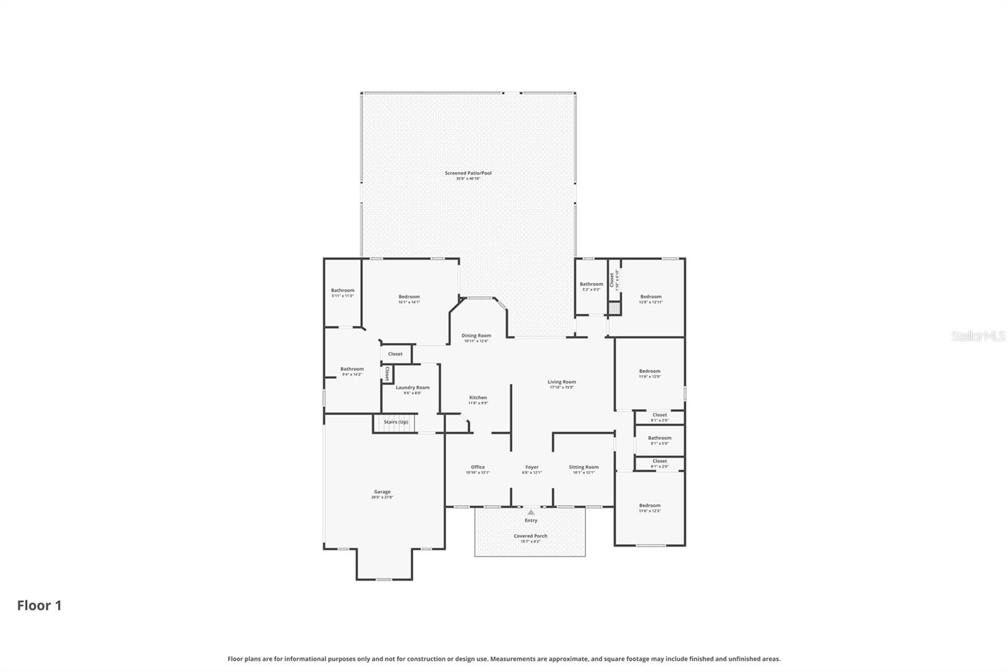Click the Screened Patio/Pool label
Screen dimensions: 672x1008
(467, 175)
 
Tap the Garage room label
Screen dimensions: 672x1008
(382, 494)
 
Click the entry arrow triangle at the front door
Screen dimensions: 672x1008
(531, 512)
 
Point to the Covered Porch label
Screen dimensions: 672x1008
(530, 538)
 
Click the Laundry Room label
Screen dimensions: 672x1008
(413, 390)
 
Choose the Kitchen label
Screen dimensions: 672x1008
(478, 400)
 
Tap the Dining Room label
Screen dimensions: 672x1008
(476, 338)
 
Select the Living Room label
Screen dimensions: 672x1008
(561, 384)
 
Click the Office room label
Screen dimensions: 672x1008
(478, 469)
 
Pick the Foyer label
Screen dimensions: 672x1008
(532, 469)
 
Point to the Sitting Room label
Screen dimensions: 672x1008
(583, 469)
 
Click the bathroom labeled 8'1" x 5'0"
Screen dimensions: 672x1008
(660, 440)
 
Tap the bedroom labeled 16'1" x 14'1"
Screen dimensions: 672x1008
(409, 299)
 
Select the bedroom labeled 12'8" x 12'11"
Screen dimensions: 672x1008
(651, 299)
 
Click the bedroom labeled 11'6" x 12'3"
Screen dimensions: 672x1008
(650, 507)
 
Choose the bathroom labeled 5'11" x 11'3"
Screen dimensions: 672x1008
(343, 293)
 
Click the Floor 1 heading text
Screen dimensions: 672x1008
(39, 605)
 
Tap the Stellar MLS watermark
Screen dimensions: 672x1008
(978, 336)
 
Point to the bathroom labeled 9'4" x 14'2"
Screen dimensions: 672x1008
(352, 371)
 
